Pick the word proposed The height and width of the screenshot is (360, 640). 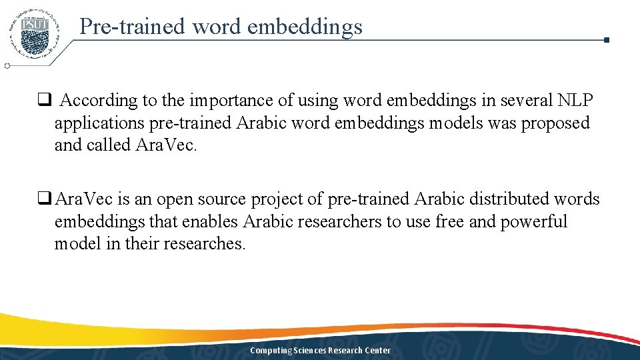(x=555, y=123)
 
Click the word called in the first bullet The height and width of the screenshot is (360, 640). (x=109, y=145)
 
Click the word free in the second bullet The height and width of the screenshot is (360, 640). (x=451, y=221)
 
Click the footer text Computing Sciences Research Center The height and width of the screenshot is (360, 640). (x=320, y=351)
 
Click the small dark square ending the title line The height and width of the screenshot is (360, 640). (x=606, y=40)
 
